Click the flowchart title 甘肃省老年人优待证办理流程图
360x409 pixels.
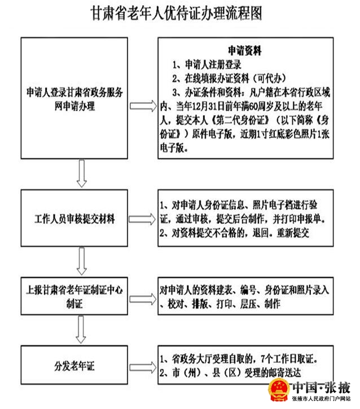click(x=177, y=14)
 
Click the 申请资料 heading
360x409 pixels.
click(x=245, y=51)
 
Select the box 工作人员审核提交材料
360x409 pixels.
click(x=74, y=218)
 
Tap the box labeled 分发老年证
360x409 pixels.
click(x=74, y=365)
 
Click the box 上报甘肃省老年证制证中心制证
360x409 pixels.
click(x=74, y=296)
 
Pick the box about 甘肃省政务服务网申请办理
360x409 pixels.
click(x=74, y=98)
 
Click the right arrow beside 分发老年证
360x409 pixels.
click(x=143, y=367)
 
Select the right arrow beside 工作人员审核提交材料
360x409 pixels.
click(x=142, y=219)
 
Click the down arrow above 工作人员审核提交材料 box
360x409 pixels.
click(x=82, y=173)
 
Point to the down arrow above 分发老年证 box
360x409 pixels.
click(x=81, y=329)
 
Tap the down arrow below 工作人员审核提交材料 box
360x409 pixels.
click(x=82, y=261)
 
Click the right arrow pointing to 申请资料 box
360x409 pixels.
click(x=143, y=106)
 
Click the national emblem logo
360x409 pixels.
click(x=279, y=390)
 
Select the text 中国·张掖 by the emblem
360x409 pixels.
click(x=321, y=388)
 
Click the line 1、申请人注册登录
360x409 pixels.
click(x=207, y=64)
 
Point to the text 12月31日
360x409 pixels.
click(x=208, y=106)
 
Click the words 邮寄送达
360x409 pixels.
click(x=284, y=373)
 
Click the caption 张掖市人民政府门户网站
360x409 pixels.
click(x=322, y=399)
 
